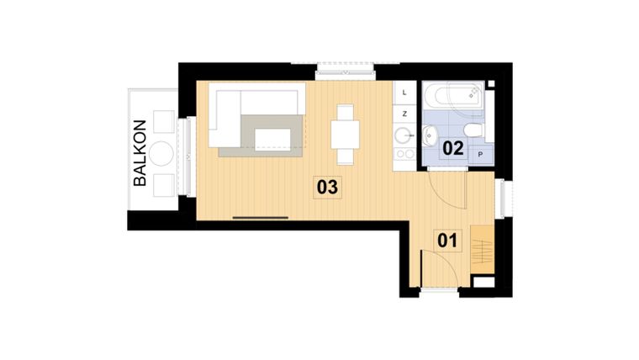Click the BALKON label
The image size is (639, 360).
pos(140,152)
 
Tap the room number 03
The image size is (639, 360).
pos(327,187)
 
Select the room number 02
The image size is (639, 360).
pos(453,148)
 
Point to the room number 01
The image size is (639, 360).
pos(448,241)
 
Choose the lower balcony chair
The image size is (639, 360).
pos(163,184)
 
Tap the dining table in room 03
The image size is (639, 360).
pos(345,134)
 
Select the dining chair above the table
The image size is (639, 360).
pos(345,112)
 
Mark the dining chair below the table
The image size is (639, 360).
pos(345,155)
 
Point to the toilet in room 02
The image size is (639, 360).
pos(473,130)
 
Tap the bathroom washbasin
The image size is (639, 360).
pos(430,133)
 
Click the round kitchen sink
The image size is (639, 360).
pos(403,133)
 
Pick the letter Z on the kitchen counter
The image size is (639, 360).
pos(404,113)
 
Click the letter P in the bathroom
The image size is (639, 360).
pos(481,155)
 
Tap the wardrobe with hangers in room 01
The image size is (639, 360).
pos(480,249)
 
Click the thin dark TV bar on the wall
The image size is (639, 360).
pos(261,218)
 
